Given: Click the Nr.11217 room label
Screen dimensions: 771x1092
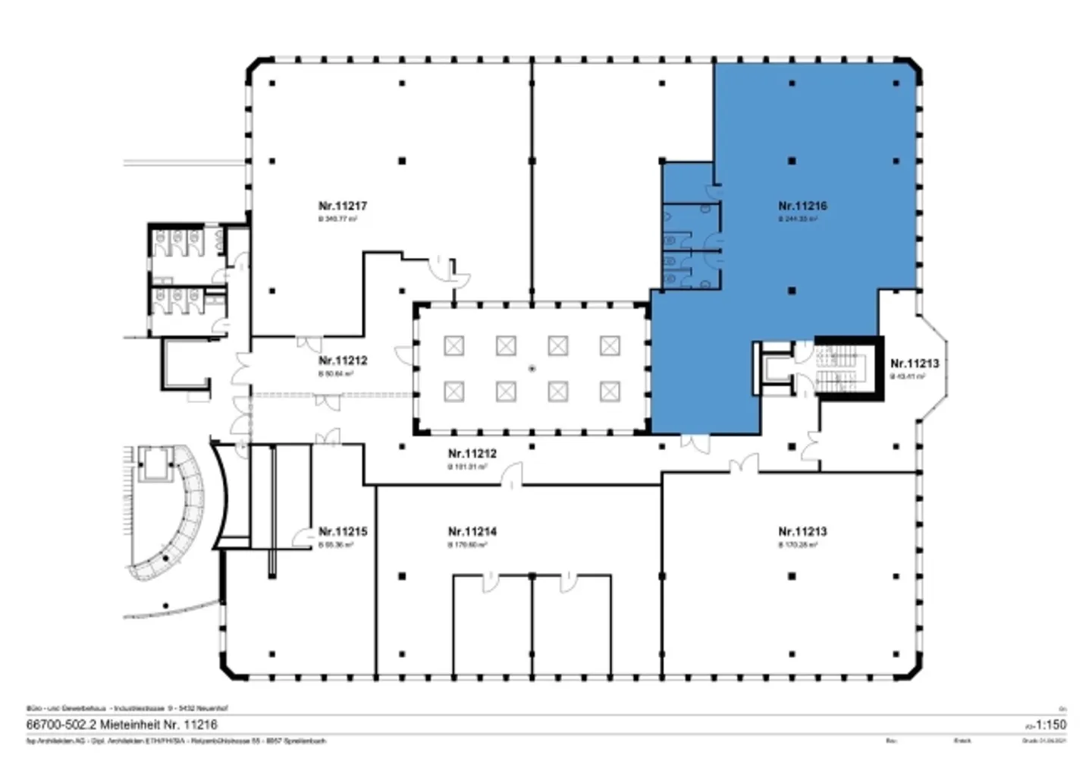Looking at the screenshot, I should [x=343, y=206].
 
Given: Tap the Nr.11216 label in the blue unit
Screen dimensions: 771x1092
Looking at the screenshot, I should [x=802, y=206].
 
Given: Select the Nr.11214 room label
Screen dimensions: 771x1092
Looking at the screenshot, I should [x=472, y=531].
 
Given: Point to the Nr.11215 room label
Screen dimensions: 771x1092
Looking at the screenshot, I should [x=343, y=531].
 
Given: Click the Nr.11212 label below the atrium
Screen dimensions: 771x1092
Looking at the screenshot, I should [x=472, y=454].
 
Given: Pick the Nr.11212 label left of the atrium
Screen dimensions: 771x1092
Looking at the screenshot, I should [x=343, y=360].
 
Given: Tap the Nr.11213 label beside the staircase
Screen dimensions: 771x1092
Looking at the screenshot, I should [x=914, y=363].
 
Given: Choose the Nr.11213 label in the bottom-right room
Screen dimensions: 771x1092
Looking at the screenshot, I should [x=802, y=531].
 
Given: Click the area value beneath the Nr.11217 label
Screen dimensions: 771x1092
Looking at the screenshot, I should [x=337, y=219].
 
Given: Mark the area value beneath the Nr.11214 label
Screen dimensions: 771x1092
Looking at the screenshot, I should [x=467, y=545].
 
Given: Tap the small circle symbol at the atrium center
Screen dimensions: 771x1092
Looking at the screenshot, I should [x=532, y=369].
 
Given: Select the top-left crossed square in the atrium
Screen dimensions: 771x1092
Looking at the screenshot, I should [x=453, y=346].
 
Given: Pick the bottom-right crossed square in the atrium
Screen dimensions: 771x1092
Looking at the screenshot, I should [x=610, y=392].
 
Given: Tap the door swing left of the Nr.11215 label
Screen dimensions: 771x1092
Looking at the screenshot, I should [x=303, y=537].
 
